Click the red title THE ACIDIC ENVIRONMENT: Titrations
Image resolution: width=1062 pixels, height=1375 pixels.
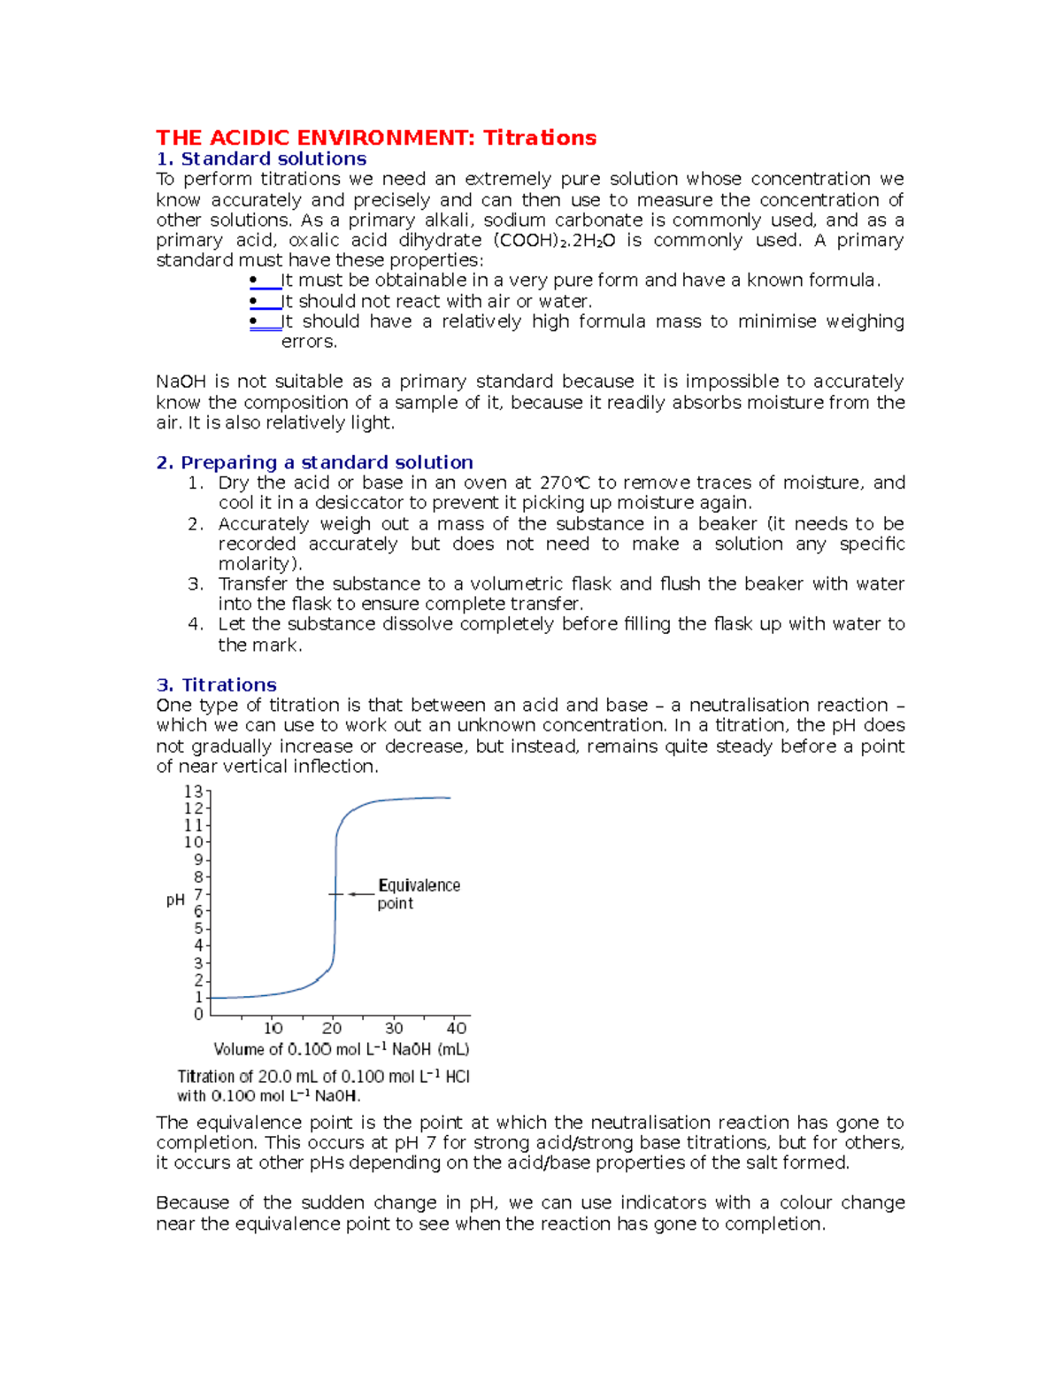click(376, 138)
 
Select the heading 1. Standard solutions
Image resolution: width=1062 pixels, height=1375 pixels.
click(261, 159)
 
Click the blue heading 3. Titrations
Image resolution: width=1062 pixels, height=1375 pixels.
click(216, 684)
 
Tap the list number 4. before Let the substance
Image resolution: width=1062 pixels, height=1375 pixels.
click(196, 624)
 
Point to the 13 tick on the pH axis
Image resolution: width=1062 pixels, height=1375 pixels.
click(193, 792)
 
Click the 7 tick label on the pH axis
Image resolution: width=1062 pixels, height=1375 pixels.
click(199, 894)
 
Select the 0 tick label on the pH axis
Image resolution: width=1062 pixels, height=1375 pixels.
click(199, 1015)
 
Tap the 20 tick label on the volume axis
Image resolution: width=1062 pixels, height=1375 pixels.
click(332, 1029)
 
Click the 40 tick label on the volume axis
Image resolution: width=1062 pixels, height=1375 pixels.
click(457, 1029)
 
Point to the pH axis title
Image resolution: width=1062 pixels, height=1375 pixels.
click(175, 900)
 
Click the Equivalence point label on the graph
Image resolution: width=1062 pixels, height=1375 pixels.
click(418, 894)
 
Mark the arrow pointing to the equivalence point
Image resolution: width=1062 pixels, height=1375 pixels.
click(360, 894)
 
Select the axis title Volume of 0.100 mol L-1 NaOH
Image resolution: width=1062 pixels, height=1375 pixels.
click(342, 1050)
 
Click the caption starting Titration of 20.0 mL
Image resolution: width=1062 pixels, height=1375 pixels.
click(323, 1086)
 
